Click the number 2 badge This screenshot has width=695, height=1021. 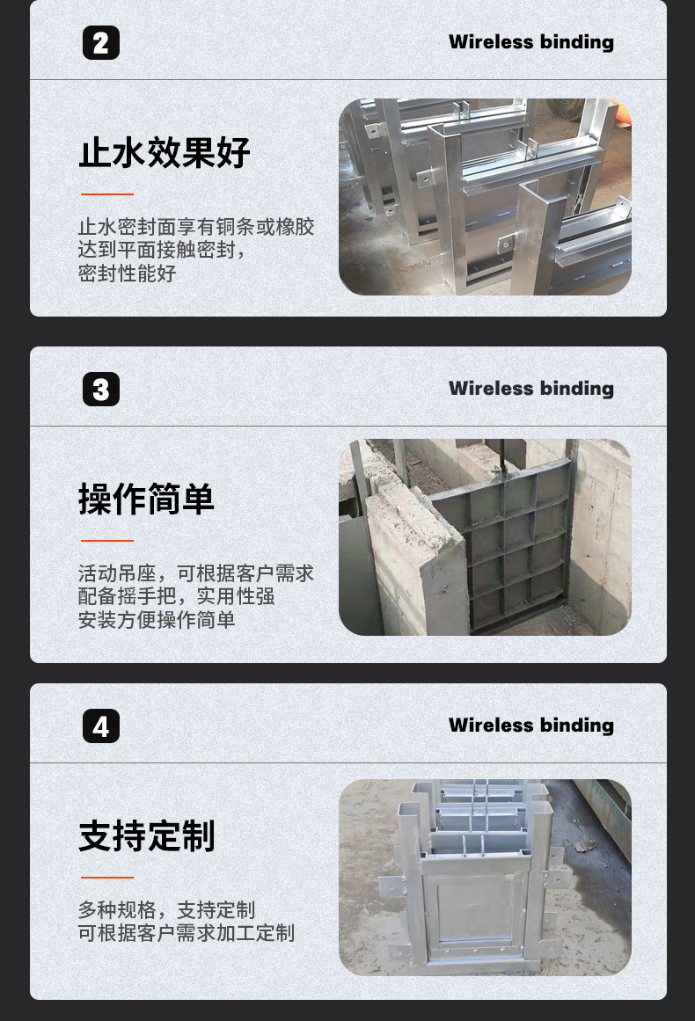(x=101, y=43)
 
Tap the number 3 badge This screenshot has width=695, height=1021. (x=101, y=390)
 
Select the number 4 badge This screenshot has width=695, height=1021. (x=101, y=726)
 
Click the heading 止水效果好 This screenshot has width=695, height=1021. (x=165, y=152)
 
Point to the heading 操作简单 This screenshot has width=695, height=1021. (x=146, y=500)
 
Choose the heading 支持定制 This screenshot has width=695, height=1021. (x=146, y=835)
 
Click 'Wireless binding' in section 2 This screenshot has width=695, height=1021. (x=530, y=42)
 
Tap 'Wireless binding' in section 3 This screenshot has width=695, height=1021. (x=530, y=389)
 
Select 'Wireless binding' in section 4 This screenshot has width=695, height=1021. (x=530, y=726)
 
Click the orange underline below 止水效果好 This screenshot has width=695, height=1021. (x=107, y=193)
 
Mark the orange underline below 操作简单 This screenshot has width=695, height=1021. (x=107, y=541)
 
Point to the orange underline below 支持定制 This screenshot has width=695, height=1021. (x=107, y=877)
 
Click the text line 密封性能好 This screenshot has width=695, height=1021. (x=128, y=273)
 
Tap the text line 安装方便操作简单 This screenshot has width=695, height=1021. (x=157, y=620)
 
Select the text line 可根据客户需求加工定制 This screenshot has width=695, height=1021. (x=187, y=933)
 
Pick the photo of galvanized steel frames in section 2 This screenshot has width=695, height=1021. (x=485, y=196)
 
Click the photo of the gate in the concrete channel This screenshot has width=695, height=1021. (x=485, y=537)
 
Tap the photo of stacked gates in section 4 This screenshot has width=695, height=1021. (x=485, y=877)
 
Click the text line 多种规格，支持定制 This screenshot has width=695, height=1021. (x=166, y=910)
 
